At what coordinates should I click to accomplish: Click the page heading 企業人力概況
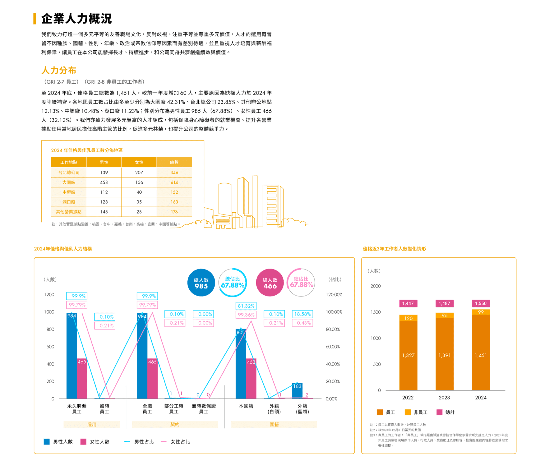click(x=76, y=19)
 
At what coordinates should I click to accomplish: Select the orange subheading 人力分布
click(x=59, y=70)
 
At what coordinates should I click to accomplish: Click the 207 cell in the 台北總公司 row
click(x=139, y=173)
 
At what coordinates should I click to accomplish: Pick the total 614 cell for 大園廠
click(x=174, y=182)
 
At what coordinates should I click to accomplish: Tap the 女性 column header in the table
click(x=139, y=162)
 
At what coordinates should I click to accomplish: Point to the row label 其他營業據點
click(x=69, y=212)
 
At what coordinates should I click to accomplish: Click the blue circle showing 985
click(x=201, y=283)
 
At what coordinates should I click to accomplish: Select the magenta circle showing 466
click(x=270, y=283)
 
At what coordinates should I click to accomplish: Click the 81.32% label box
click(x=246, y=306)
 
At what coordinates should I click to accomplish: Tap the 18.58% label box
click(x=302, y=314)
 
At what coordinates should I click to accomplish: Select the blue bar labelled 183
click(x=297, y=391)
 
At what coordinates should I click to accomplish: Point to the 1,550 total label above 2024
click(x=481, y=303)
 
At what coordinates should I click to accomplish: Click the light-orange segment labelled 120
click(x=409, y=318)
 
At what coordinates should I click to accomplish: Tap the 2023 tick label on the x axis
click(x=444, y=398)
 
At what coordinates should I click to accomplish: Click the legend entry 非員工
click(x=416, y=412)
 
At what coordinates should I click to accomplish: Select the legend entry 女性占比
click(x=176, y=442)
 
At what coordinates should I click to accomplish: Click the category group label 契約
click(x=175, y=424)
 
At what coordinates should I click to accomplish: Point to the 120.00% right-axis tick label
click(x=334, y=295)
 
